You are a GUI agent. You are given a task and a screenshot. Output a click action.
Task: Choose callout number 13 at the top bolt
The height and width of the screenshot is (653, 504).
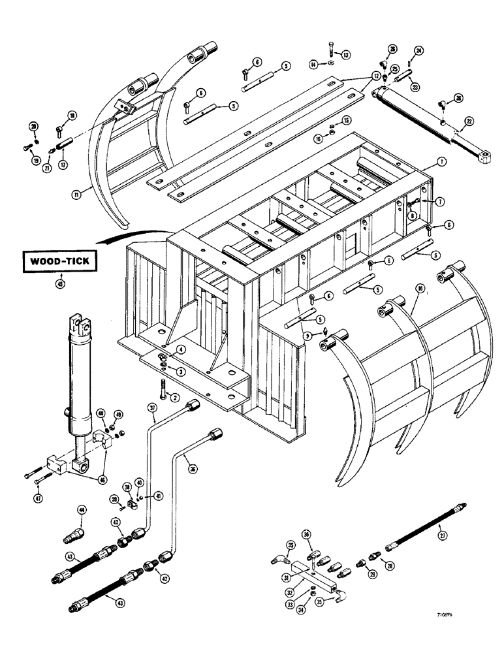click(346, 54)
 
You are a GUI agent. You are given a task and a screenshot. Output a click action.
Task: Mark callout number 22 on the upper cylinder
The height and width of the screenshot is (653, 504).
click(469, 121)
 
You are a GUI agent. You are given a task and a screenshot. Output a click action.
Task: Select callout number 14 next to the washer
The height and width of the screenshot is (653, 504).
click(314, 64)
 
